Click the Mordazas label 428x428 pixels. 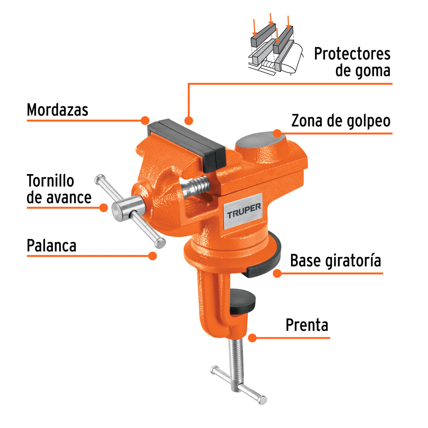pyautogui.click(x=57, y=110)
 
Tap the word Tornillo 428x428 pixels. pyautogui.click(x=50, y=181)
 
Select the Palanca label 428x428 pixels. pyautogui.click(x=52, y=246)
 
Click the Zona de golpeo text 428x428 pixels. pyautogui.click(x=341, y=121)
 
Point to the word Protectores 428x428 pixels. pyautogui.click(x=352, y=54)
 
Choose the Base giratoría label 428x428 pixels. pyautogui.click(x=335, y=261)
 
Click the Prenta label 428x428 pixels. pyautogui.click(x=307, y=325)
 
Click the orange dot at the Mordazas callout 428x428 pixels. pyautogui.click(x=145, y=120)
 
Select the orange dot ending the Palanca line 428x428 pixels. pyautogui.click(x=153, y=256)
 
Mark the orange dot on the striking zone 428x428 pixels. pyautogui.click(x=277, y=133)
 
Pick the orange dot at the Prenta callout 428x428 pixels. pyautogui.click(x=253, y=338)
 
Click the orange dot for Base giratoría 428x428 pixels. pyautogui.click(x=277, y=274)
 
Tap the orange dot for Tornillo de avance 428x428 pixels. pyautogui.click(x=103, y=208)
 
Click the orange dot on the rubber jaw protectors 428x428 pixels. pyautogui.click(x=189, y=121)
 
